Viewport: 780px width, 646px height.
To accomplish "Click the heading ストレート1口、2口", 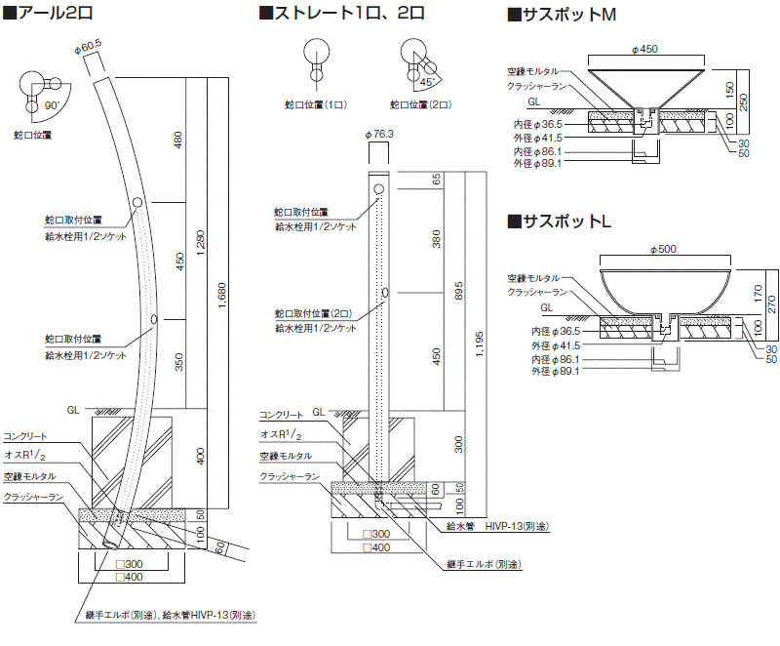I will click(x=342, y=14).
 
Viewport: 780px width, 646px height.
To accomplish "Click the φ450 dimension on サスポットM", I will click(x=645, y=48).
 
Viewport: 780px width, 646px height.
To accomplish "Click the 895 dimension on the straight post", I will click(x=457, y=291).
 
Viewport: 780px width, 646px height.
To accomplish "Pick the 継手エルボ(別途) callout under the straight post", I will click(x=483, y=564).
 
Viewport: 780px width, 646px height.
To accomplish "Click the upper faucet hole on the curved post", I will click(x=137, y=202).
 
